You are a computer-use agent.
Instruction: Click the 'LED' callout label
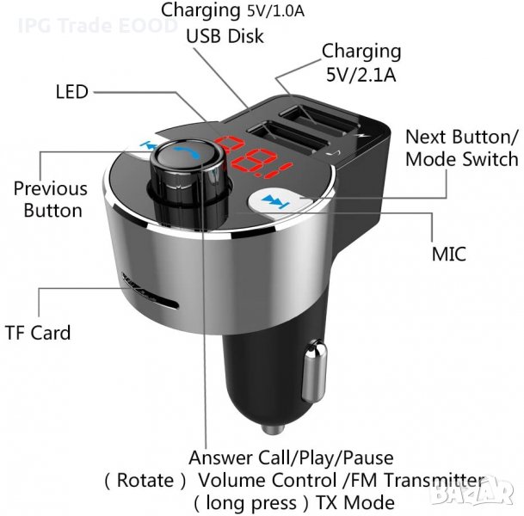(72, 92)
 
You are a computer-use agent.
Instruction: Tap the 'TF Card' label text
(38, 332)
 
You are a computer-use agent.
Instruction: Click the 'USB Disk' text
(225, 37)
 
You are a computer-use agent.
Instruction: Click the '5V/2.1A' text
(361, 73)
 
